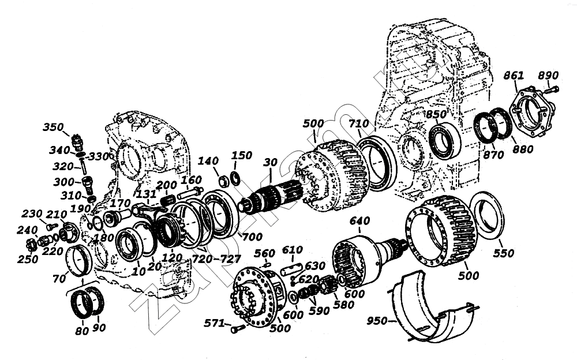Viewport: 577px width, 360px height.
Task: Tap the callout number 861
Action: click(x=514, y=76)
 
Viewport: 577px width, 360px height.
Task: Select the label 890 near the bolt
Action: click(x=548, y=76)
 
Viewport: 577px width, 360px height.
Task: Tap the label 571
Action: click(x=215, y=324)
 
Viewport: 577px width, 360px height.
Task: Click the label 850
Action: click(x=437, y=114)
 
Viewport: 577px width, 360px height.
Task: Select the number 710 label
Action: click(x=358, y=125)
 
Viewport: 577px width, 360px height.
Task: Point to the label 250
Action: click(x=27, y=260)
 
